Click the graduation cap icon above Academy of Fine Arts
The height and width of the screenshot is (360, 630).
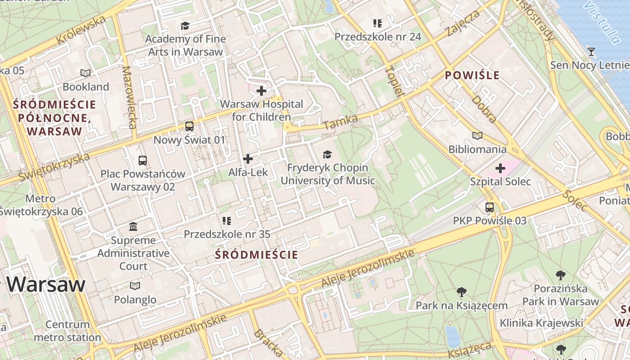(185, 26)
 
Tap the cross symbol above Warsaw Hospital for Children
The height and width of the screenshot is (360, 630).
(261, 91)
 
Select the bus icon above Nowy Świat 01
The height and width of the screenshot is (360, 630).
(189, 126)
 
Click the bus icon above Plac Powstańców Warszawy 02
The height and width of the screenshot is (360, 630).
(143, 160)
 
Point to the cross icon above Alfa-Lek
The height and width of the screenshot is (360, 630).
(248, 159)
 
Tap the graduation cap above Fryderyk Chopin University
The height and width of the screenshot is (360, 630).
(327, 154)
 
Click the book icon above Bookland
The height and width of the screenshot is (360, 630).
(85, 73)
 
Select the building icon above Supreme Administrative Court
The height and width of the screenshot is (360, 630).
(133, 226)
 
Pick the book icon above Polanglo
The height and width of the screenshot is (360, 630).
(135, 286)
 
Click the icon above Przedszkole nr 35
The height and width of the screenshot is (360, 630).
(227, 220)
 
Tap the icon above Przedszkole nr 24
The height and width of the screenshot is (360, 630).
(377, 23)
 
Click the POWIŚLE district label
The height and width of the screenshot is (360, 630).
(472, 75)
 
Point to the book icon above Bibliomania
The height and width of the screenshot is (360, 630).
(477, 135)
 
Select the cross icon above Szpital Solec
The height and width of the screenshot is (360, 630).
(500, 168)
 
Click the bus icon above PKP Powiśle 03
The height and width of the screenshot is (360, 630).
(490, 207)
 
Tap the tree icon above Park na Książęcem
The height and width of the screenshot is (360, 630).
(461, 292)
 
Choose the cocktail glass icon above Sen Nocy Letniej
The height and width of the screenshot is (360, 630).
(591, 52)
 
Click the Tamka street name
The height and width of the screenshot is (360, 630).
(340, 121)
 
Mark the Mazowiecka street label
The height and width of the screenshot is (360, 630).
(129, 97)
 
